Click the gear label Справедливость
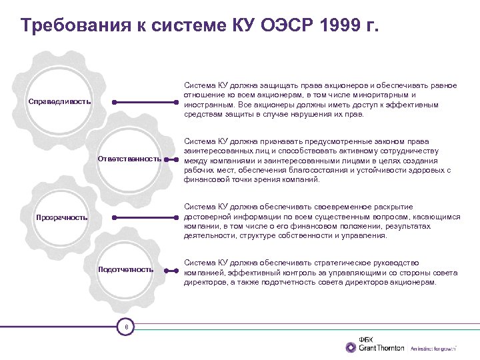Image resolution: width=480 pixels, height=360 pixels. point(59,103)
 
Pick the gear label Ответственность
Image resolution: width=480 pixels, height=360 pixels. point(129,159)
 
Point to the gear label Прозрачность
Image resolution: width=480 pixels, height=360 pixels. point(61,217)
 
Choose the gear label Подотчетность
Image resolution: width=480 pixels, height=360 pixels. point(125,269)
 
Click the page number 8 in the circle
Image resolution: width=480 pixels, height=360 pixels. point(126,327)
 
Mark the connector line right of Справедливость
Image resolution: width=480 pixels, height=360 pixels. point(147,103)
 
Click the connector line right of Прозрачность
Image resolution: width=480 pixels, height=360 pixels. point(147,217)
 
